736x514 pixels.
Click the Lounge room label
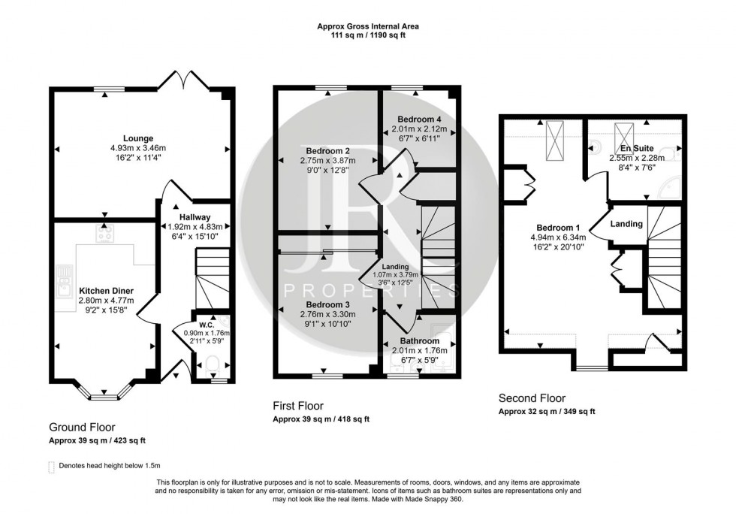pyautogui.click(x=140, y=138)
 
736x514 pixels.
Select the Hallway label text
pyautogui.click(x=194, y=216)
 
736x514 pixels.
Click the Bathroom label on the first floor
pyautogui.click(x=419, y=341)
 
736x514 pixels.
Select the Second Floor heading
pyautogui.click(x=532, y=398)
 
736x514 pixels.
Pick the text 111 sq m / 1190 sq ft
pyautogui.click(x=368, y=35)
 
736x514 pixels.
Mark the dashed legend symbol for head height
pyautogui.click(x=52, y=467)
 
